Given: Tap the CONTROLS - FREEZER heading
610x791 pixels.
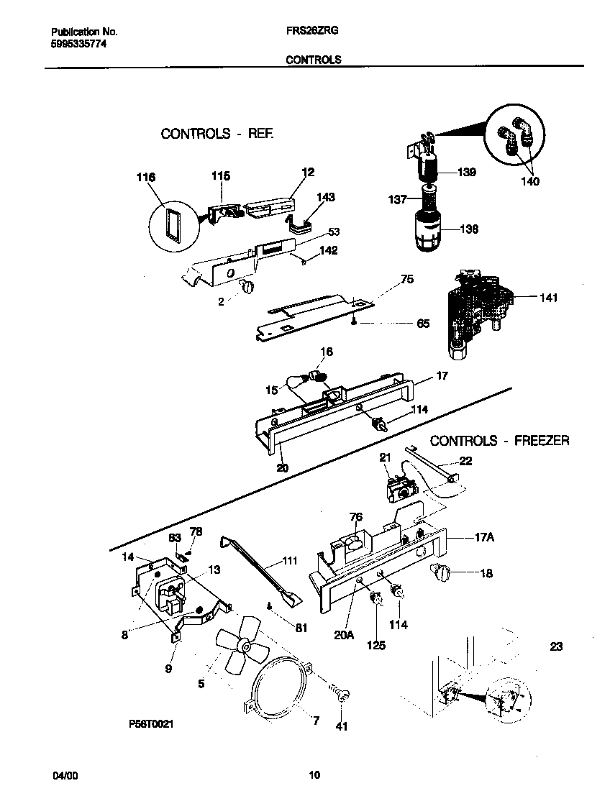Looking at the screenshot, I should point(499,441).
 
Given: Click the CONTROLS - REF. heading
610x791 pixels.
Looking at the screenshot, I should point(217,134).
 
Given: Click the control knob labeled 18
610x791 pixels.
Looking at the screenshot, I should point(437,573).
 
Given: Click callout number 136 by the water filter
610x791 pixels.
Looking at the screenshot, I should point(468,229).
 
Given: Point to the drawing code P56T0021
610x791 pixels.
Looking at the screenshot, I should point(147,725).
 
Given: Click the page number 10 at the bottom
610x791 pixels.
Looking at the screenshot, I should point(314,775).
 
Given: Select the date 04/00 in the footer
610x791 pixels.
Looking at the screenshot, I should point(64,775).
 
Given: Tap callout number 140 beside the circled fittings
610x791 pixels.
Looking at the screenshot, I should point(529,182).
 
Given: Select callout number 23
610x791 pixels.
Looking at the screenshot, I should point(555,646).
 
